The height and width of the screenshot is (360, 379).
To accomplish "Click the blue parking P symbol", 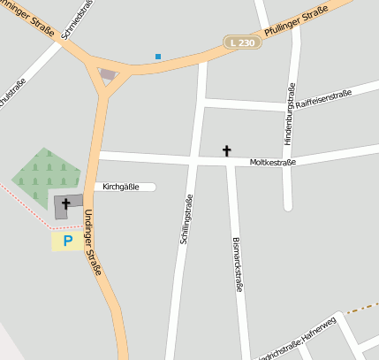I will (67, 240).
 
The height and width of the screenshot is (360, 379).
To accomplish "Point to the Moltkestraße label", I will (272, 163).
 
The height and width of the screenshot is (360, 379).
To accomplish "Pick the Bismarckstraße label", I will (237, 264).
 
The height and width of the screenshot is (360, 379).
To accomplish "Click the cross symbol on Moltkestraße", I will (226, 151).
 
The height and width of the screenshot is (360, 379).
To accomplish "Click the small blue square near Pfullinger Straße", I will (158, 57).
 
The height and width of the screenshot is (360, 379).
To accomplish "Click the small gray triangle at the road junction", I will (108, 75).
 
